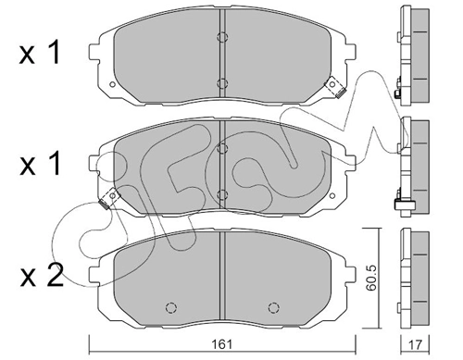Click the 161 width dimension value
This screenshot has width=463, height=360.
222,344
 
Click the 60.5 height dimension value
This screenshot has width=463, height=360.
370,278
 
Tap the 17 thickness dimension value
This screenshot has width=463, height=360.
415,344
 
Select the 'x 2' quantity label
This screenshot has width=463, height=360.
42,276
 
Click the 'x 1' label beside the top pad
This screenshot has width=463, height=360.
39,53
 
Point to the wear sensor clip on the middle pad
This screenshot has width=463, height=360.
109,198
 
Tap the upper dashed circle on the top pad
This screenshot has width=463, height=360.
222,37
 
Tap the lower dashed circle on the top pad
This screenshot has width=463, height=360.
222,83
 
